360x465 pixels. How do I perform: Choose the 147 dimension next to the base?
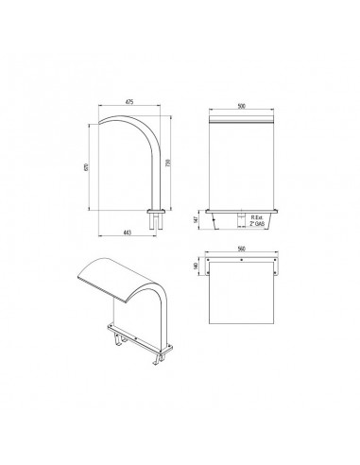tap(195, 219)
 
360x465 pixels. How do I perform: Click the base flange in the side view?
tap(155, 210)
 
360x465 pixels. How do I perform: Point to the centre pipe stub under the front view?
tap(240, 219)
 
